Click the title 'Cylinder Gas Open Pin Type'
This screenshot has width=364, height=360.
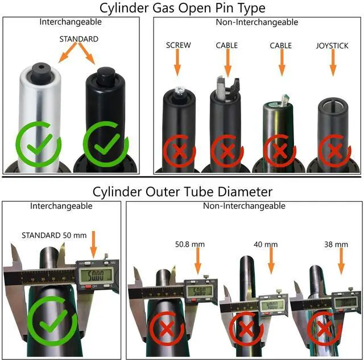point(182,8)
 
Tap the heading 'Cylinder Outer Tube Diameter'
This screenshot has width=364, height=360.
point(182,191)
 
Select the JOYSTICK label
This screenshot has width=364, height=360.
point(332,45)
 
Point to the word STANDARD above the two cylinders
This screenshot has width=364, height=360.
point(79,39)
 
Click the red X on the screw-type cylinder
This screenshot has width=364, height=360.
point(178,151)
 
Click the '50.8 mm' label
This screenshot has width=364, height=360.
point(189,245)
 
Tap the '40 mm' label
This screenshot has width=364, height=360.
point(266,245)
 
